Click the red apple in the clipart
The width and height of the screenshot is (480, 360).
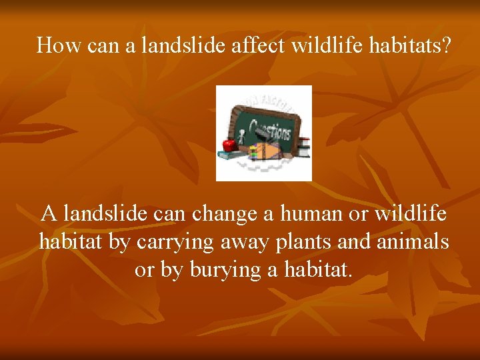click(229, 143)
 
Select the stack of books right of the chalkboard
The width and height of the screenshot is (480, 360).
click(303, 147)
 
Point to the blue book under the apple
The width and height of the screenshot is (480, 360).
click(230, 155)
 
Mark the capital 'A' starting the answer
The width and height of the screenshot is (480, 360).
click(49, 215)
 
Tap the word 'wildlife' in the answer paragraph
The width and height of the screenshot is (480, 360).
click(411, 215)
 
